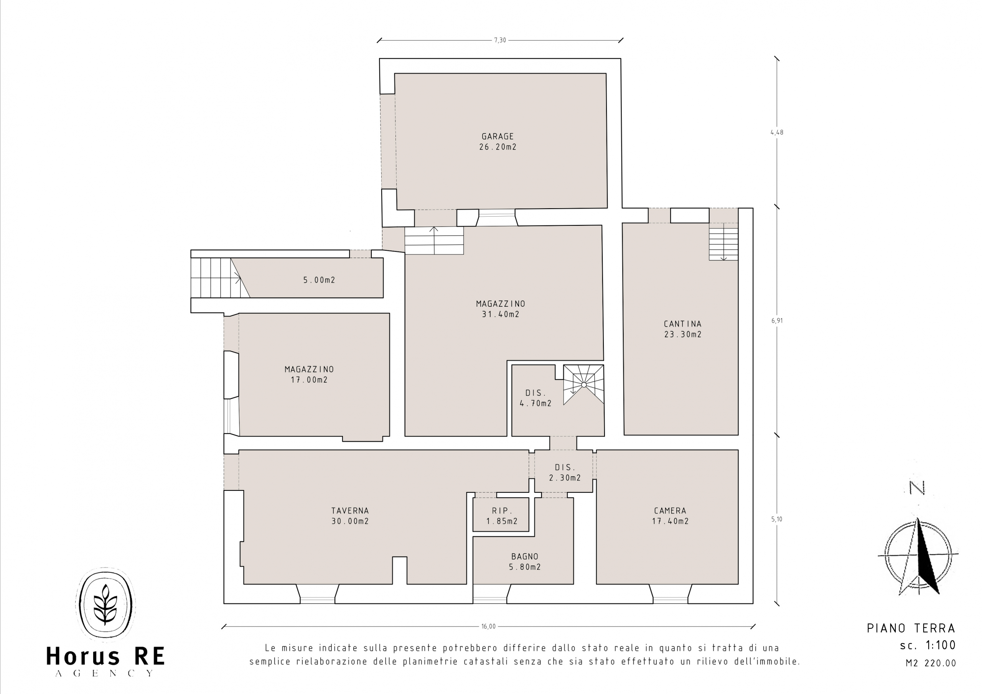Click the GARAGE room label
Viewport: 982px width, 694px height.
[x=498, y=136]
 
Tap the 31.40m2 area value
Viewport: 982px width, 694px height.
[x=501, y=314]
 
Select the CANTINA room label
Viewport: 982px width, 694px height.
[x=683, y=324]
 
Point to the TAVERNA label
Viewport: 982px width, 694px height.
[x=350, y=511]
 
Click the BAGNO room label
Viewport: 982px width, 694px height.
[x=525, y=557]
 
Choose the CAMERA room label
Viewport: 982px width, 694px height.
[x=670, y=511]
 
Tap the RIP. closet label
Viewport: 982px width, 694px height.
[x=502, y=511]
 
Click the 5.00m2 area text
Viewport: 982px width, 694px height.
[x=320, y=280]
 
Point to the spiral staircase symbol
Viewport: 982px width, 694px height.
[x=583, y=385]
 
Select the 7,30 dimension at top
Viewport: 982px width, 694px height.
[x=500, y=40]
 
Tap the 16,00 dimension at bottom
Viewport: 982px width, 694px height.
[x=488, y=627]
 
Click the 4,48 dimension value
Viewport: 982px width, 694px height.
[x=777, y=133]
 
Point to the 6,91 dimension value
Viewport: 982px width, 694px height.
[x=777, y=321]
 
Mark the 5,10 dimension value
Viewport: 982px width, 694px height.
[x=777, y=519]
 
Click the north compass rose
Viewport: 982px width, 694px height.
[x=918, y=556]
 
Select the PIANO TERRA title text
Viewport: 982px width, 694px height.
[x=911, y=628]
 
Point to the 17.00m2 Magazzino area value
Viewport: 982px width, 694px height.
[x=309, y=380]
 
